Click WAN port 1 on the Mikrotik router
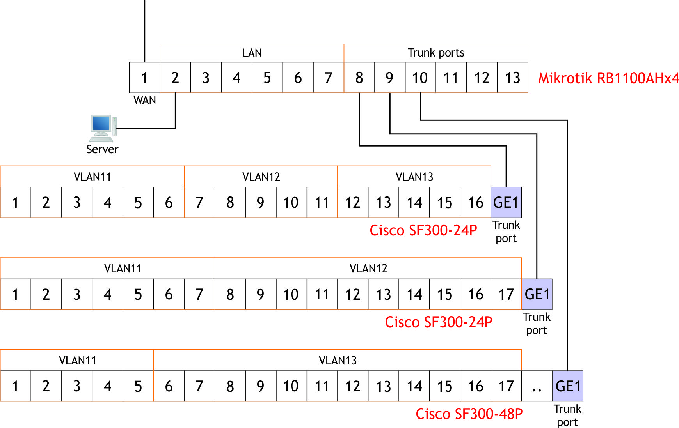(x=144, y=78)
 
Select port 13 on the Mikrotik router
(x=512, y=78)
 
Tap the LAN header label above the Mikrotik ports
(x=252, y=53)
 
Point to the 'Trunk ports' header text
(x=436, y=53)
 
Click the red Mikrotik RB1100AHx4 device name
(x=608, y=78)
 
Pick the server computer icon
(x=103, y=128)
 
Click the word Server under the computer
(x=102, y=149)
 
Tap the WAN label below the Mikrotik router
(x=144, y=101)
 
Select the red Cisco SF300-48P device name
(x=469, y=414)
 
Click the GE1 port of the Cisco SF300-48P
(x=567, y=386)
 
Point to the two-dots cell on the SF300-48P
(x=537, y=386)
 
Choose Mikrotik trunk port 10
(x=420, y=78)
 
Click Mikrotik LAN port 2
(x=175, y=78)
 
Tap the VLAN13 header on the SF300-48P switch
(x=338, y=361)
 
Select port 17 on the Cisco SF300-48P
(x=506, y=386)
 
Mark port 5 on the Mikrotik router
(x=267, y=78)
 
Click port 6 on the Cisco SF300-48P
(x=169, y=386)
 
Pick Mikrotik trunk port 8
(x=359, y=78)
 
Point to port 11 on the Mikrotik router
(x=451, y=78)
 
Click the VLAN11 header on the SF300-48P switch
(x=77, y=361)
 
